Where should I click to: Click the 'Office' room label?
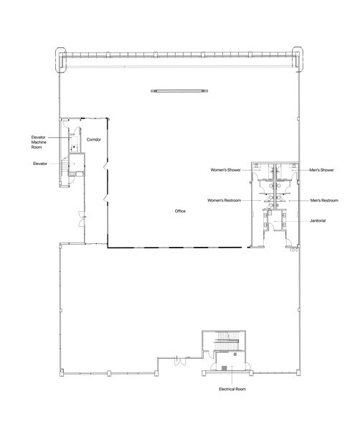click(180, 212)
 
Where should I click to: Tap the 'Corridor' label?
click(93, 139)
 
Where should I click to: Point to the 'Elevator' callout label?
click(39, 164)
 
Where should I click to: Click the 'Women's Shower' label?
click(225, 171)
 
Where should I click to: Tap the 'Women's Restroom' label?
click(224, 200)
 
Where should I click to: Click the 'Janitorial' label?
click(318, 220)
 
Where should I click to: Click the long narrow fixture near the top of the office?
click(178, 90)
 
